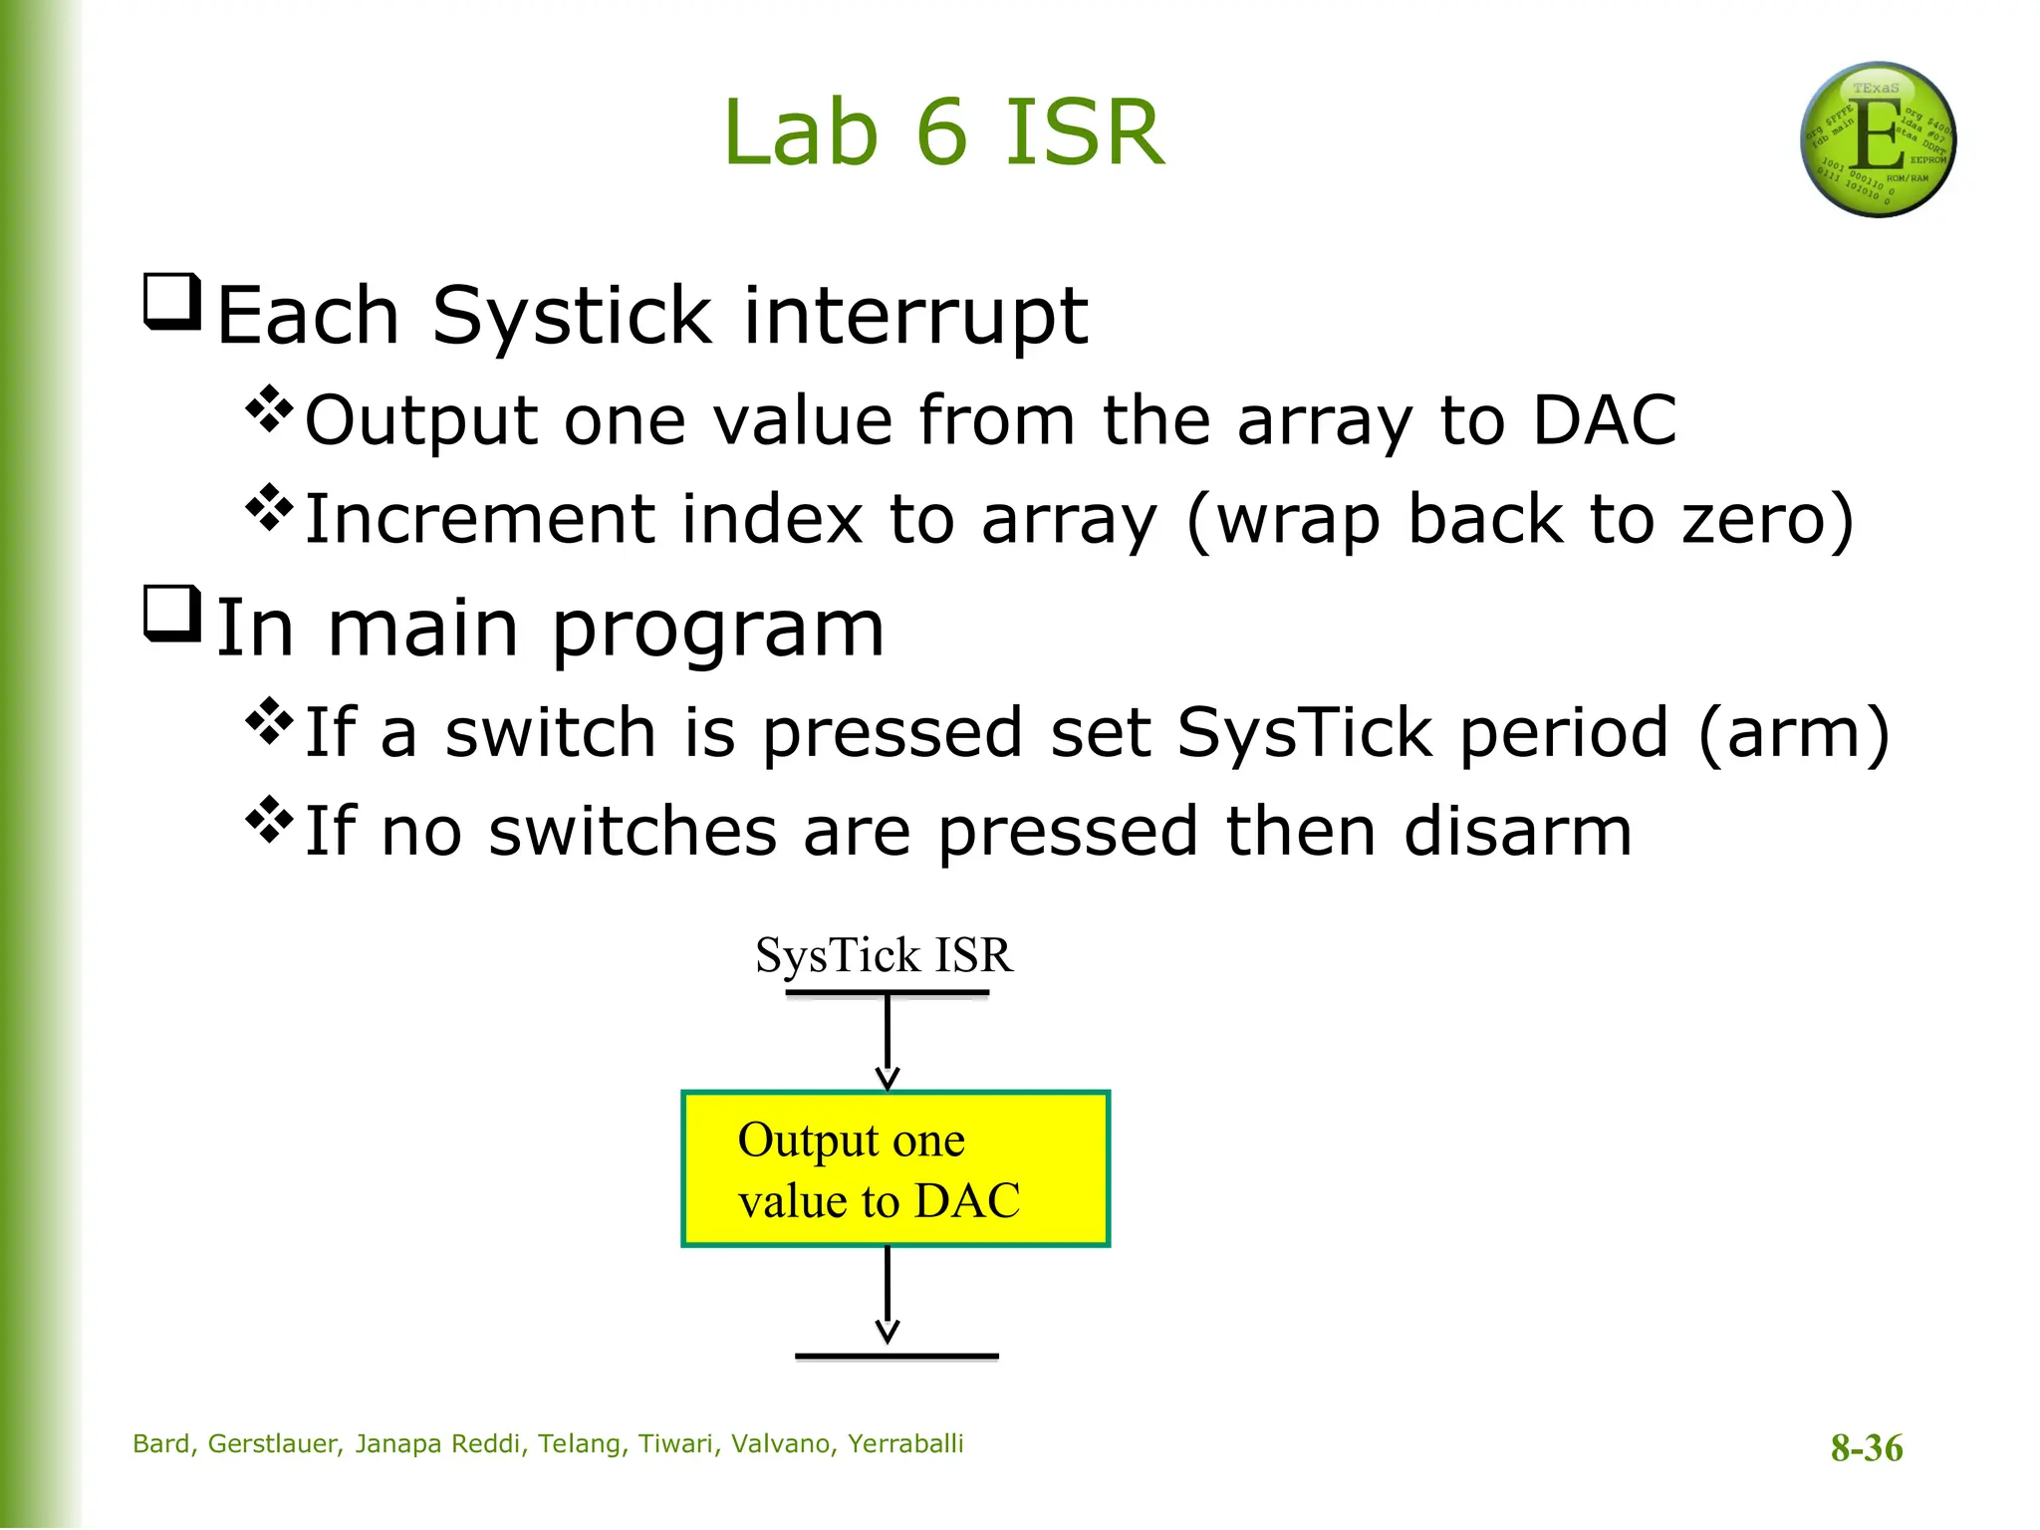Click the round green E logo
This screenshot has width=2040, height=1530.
coord(1878,139)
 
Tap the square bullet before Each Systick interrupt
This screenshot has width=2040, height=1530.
coord(172,302)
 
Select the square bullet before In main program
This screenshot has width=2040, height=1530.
coord(172,614)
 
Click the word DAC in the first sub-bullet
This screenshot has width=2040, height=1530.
coord(1604,420)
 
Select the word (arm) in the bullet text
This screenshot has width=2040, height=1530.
coord(1793,732)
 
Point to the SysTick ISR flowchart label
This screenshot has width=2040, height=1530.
coord(884,955)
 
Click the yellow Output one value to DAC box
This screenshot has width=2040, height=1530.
coord(894,1168)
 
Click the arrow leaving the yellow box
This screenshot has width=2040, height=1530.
coord(888,1295)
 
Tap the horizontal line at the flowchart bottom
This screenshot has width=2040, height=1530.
coord(896,1356)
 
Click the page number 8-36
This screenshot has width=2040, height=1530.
coord(1866,1447)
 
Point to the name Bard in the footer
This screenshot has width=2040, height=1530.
coord(162,1443)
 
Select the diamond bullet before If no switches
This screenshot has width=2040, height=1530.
coord(270,820)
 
